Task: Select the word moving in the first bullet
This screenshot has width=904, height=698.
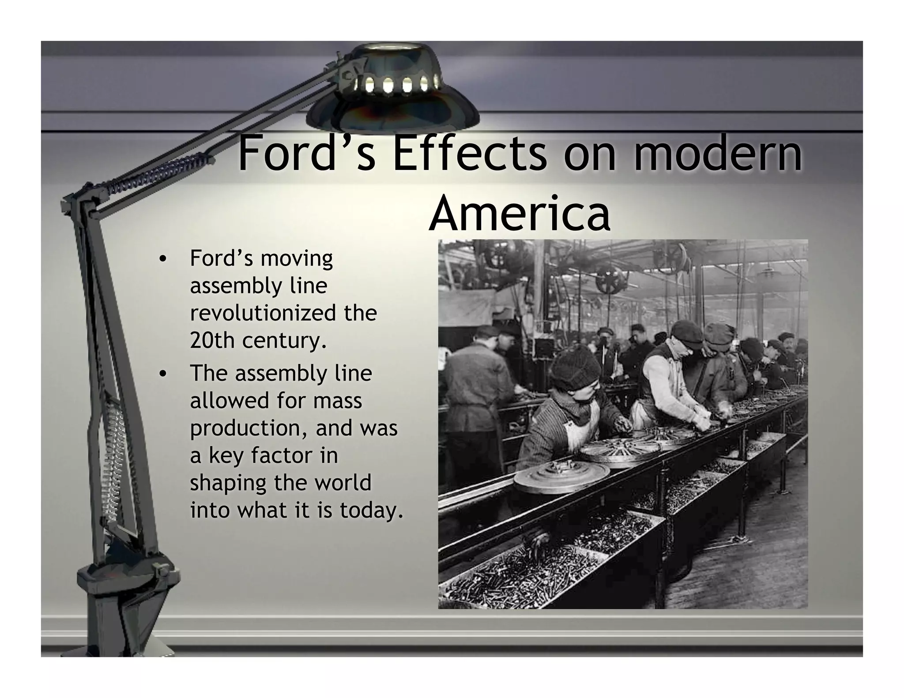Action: click(297, 258)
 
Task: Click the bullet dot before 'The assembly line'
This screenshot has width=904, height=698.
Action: click(163, 374)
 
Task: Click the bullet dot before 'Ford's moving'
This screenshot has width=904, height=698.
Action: click(163, 259)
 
